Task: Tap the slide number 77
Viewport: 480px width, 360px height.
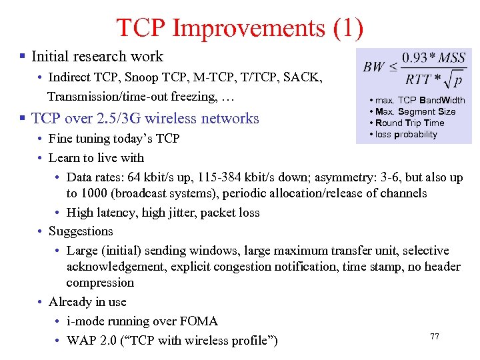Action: pyautogui.click(x=435, y=337)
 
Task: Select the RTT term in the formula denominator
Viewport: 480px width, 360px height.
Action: pyautogui.click(x=419, y=80)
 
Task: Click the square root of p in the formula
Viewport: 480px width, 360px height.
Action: pyautogui.click(x=455, y=81)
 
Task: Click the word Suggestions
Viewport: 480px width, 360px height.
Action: pyautogui.click(x=81, y=231)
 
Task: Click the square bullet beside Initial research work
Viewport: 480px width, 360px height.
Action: pyautogui.click(x=23, y=57)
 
